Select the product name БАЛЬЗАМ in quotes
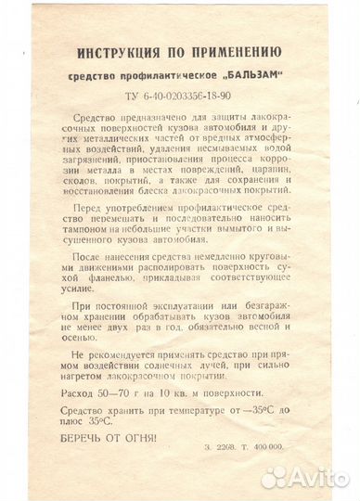click(247, 74)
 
